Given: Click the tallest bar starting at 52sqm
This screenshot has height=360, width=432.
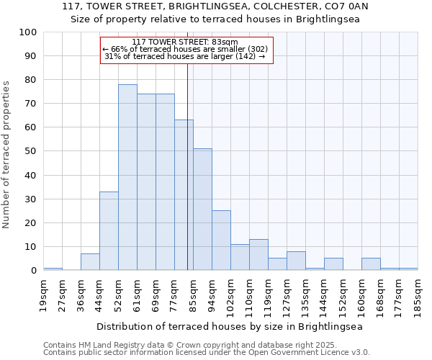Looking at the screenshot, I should (x=127, y=177).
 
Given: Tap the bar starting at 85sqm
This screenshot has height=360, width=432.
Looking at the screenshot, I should (x=202, y=210).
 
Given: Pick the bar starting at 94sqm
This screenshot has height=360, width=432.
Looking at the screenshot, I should (x=221, y=240).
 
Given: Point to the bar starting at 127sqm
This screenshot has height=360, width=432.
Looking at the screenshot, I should (x=296, y=261).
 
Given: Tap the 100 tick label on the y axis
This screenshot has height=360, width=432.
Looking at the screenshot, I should (x=28, y=32).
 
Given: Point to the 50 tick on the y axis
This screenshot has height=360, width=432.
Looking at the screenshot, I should (x=31, y=151).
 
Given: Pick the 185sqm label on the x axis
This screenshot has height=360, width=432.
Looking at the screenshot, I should (x=418, y=295).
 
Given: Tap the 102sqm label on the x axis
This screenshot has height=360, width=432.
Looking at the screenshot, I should (x=231, y=295).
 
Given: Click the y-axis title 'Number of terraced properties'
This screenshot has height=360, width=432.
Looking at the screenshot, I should (x=6, y=154).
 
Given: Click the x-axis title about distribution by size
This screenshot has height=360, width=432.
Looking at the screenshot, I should (x=230, y=326).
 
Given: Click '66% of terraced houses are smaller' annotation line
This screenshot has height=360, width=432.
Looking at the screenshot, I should (x=185, y=49).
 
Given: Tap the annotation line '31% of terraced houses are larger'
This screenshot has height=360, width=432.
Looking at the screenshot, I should (x=185, y=56).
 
